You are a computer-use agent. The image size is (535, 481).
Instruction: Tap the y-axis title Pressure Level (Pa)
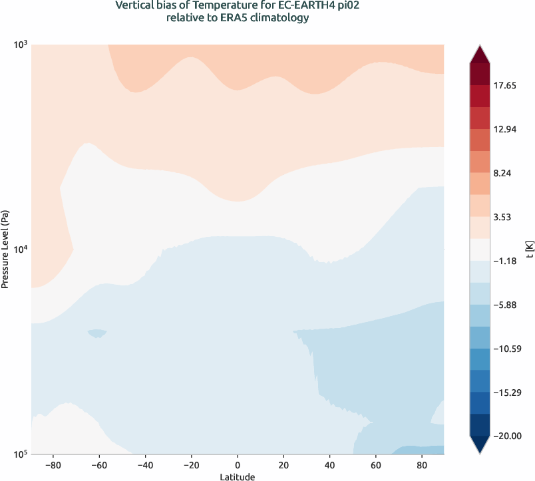[5, 249]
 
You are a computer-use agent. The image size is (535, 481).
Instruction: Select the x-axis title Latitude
[238, 476]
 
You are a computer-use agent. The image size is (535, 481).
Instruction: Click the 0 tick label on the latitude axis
[238, 464]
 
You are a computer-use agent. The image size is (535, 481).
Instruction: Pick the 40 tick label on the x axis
[329, 464]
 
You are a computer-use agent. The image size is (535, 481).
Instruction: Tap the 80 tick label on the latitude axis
[421, 464]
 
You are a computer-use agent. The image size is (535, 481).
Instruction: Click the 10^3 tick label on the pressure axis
[19, 45]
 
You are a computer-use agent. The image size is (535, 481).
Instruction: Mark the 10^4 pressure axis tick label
[19, 249]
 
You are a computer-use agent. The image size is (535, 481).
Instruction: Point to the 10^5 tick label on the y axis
[19, 454]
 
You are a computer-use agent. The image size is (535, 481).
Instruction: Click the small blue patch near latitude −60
[97, 333]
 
